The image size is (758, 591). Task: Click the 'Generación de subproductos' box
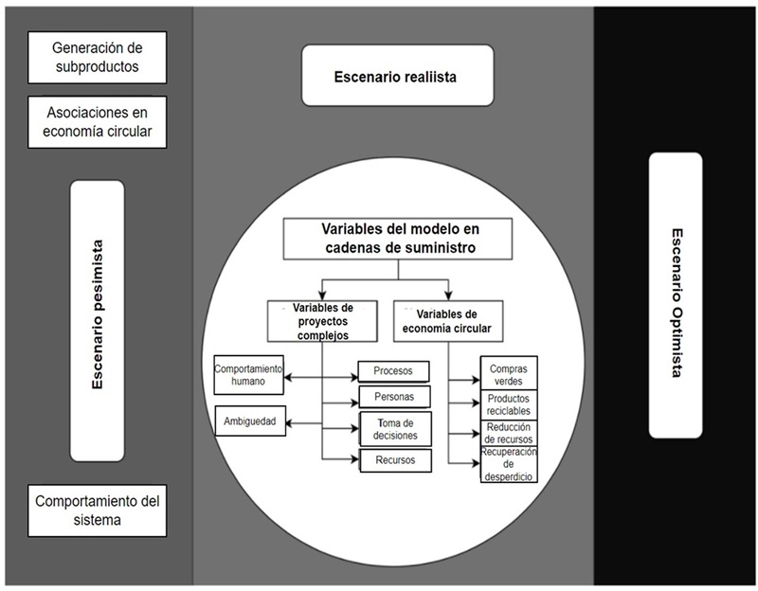click(x=97, y=56)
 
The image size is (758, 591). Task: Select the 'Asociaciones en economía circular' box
click(x=97, y=122)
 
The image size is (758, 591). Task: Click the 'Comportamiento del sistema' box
click(x=97, y=509)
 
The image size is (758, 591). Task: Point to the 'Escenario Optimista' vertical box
click(x=676, y=295)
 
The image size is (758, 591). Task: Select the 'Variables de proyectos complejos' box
click(x=322, y=322)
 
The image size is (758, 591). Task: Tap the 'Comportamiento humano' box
click(x=248, y=376)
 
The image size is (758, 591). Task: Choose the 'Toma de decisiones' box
click(x=394, y=428)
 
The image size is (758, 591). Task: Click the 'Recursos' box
click(x=394, y=459)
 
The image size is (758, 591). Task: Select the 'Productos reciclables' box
click(x=510, y=404)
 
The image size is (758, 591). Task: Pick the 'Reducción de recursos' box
click(x=510, y=434)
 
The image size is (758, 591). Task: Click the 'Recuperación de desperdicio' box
click(x=510, y=464)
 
